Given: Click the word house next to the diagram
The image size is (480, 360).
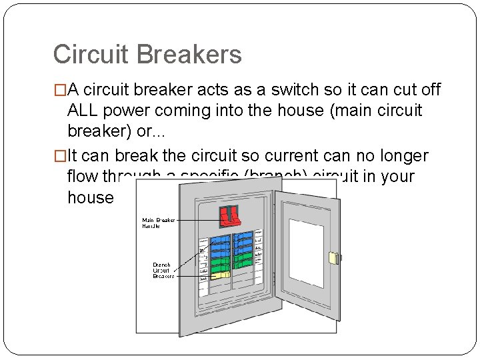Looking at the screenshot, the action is (x=91, y=197).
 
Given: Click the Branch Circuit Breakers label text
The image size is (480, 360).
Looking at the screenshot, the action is (x=163, y=270).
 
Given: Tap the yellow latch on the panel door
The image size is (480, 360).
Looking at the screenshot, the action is (x=335, y=257).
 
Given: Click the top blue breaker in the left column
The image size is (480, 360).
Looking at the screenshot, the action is (x=220, y=236).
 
